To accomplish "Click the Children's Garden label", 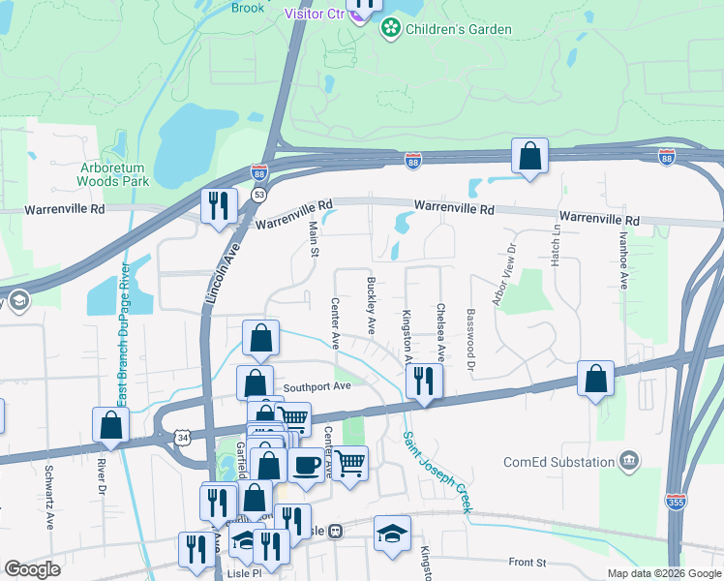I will pyautogui.click(x=458, y=29).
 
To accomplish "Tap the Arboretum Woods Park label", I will pyautogui.click(x=113, y=173).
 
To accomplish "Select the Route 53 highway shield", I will pyautogui.click(x=258, y=195).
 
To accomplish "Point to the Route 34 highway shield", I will pyautogui.click(x=183, y=439).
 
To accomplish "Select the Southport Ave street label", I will pyautogui.click(x=316, y=386).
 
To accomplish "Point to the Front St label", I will pyautogui.click(x=528, y=562).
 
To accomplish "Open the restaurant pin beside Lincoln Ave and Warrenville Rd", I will pyautogui.click(x=218, y=205).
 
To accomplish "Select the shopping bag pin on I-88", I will pyautogui.click(x=529, y=155).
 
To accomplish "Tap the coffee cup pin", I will pyautogui.click(x=306, y=465).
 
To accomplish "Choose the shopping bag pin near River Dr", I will pyautogui.click(x=111, y=424).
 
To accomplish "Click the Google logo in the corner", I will pyautogui.click(x=32, y=569).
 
